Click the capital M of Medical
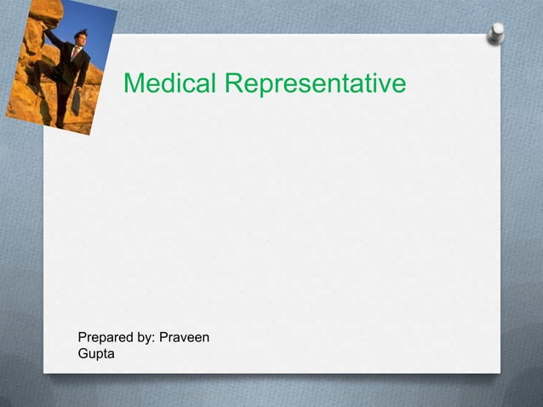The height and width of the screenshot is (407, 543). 133,84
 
